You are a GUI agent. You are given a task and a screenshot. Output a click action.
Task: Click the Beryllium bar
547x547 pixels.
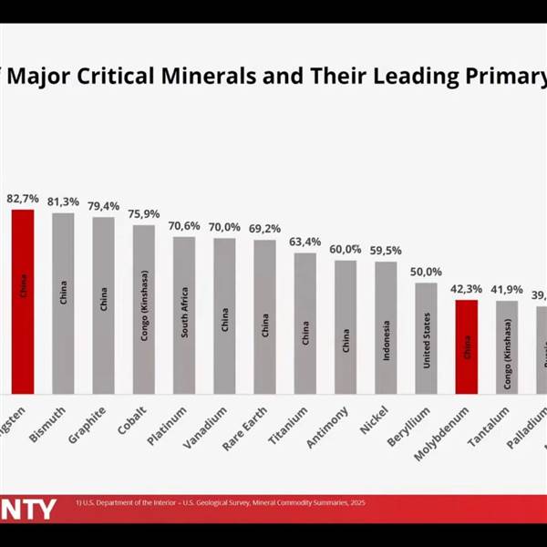(x=426, y=337)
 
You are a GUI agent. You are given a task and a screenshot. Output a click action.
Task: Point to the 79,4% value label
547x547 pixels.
(x=103, y=206)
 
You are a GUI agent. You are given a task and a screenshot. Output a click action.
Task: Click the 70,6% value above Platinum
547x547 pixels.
(x=184, y=226)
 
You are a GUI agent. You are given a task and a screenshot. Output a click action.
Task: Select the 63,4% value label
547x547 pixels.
(x=304, y=242)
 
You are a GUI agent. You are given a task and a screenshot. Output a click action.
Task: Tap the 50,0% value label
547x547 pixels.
(x=426, y=272)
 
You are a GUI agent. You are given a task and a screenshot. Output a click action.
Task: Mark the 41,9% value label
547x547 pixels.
(x=506, y=290)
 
